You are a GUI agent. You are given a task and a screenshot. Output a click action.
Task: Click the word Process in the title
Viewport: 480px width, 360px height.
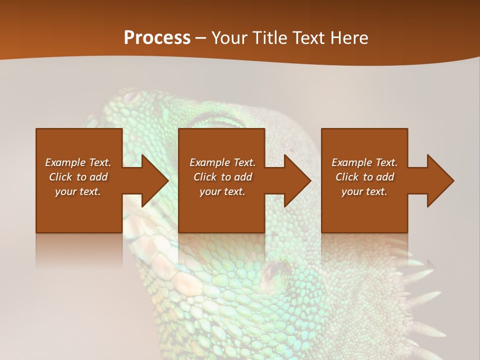point(157,38)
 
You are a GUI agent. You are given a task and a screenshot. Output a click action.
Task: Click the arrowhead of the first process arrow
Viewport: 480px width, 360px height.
point(155,180)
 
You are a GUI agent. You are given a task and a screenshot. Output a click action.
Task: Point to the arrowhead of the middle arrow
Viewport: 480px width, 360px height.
point(298,180)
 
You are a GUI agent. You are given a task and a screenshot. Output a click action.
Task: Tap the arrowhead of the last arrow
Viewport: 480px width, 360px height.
point(440,180)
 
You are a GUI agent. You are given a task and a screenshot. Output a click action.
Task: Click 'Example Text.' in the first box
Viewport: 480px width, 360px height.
point(78,162)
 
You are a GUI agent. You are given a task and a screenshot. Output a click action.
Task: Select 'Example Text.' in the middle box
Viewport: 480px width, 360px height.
point(222,162)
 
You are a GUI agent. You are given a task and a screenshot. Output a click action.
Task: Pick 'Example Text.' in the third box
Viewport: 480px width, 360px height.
point(364,162)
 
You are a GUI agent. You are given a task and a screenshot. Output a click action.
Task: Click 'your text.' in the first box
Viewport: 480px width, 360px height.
point(78,192)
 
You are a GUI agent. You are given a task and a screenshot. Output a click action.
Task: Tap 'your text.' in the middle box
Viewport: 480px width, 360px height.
point(222,192)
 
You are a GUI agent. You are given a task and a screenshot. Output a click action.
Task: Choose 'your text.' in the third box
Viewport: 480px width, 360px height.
point(364,192)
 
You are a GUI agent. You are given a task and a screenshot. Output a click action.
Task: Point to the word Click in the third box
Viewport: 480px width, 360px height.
point(347,177)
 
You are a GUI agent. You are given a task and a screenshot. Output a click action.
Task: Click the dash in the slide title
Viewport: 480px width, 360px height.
point(201,38)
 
